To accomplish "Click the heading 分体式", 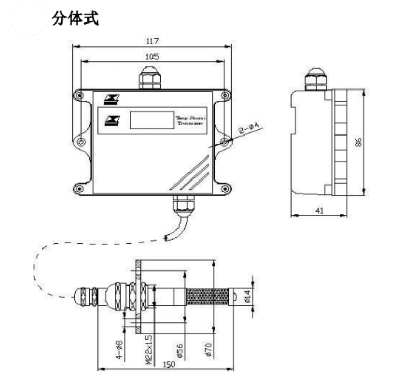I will (75, 18).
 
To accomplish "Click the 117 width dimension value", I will (152, 41).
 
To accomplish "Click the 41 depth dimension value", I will (319, 210).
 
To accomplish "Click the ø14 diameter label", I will (247, 297).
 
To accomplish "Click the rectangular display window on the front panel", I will (151, 120).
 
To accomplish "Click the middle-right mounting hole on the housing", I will (224, 141).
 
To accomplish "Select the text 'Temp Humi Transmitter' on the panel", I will (190, 121).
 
